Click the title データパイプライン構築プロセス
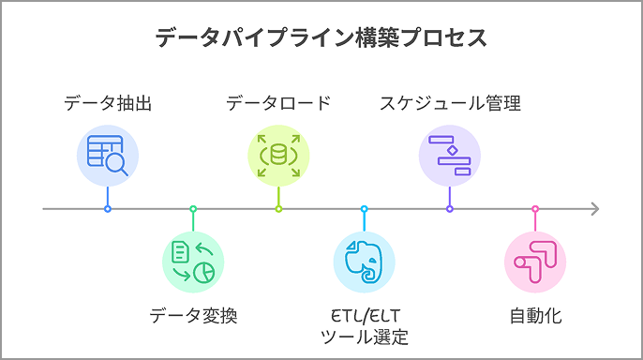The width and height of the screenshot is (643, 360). (321, 38)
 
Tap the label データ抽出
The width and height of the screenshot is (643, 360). (108, 103)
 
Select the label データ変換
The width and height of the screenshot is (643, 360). (193, 315)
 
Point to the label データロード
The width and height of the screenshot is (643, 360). (278, 103)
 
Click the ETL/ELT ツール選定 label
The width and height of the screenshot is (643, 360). (365, 325)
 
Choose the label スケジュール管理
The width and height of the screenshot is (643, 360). (450, 103)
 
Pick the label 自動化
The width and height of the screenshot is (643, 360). (535, 315)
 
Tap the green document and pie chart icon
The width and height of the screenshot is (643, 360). (193, 262)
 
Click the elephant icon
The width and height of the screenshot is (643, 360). (365, 262)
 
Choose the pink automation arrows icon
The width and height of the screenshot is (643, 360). (535, 262)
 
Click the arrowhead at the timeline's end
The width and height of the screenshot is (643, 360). (594, 208)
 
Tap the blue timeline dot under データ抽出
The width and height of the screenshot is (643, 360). (108, 208)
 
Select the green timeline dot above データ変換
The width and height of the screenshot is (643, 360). (193, 208)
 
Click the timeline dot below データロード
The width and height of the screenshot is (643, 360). (278, 208)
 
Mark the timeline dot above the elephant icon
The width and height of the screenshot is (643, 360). (365, 208)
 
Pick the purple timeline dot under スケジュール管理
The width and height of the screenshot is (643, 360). (450, 208)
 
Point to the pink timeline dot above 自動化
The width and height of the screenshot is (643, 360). (535, 208)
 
